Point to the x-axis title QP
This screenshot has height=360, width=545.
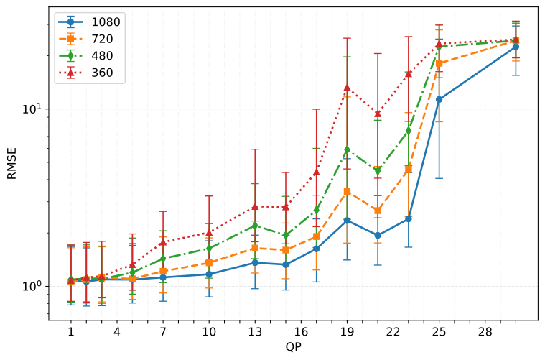point(293,348)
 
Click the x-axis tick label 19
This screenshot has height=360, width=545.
point(347,332)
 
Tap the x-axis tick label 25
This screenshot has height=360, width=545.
point(439,332)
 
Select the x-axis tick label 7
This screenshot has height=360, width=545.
point(163,332)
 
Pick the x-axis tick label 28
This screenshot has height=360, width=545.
point(485,332)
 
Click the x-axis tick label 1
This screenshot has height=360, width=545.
point(71,332)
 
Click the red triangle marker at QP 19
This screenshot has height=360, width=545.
point(347,88)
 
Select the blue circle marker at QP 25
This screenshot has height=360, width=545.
point(439,100)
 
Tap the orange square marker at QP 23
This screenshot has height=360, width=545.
point(408,170)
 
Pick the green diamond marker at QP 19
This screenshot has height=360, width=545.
point(347,150)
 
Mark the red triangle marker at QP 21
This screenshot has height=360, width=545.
point(378,114)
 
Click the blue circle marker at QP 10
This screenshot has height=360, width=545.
point(209,274)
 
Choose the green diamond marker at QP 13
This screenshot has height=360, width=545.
point(255,226)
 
